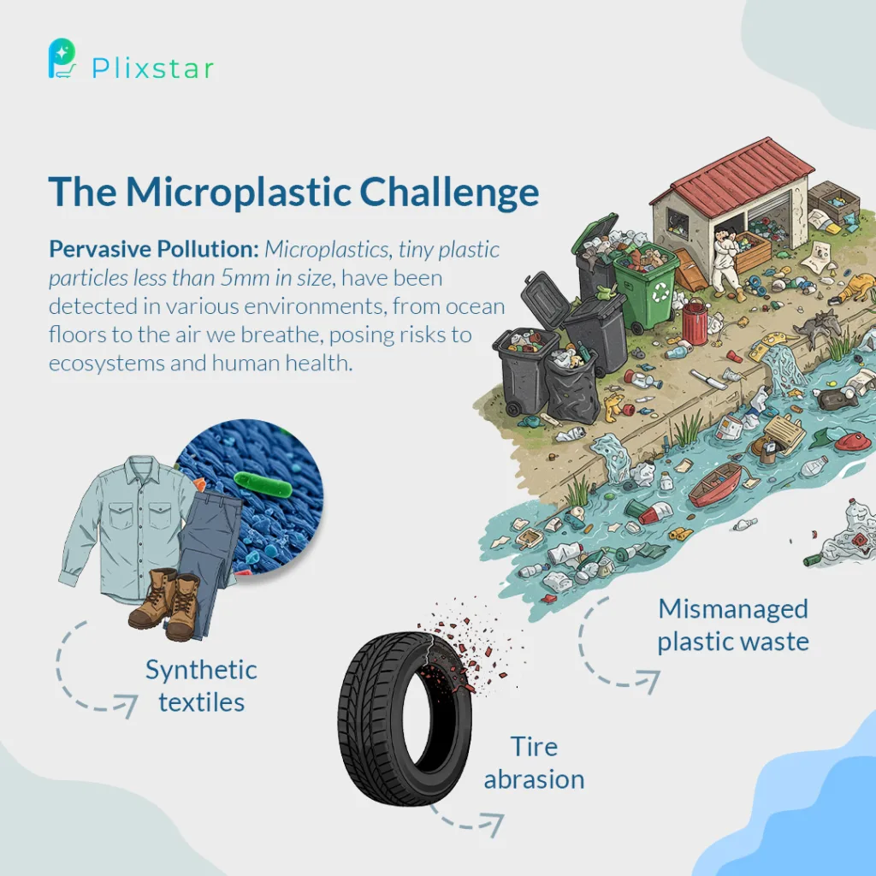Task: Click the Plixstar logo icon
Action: [x=62, y=58]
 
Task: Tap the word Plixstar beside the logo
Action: [x=152, y=68]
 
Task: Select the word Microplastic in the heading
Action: [x=239, y=192]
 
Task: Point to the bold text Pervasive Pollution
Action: [x=154, y=249]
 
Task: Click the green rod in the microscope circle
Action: [x=263, y=484]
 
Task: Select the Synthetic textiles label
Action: [x=201, y=685]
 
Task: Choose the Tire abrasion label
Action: [x=534, y=762]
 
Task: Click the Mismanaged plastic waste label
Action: [x=733, y=625]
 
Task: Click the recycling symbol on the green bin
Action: [x=660, y=291]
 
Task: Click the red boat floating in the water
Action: [x=716, y=484]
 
